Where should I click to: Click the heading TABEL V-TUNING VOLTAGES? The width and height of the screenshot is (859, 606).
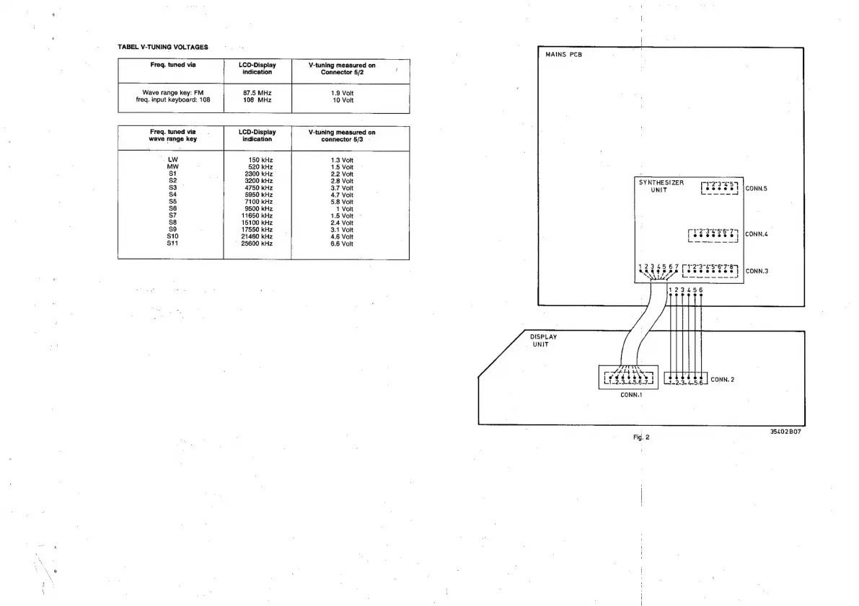pos(163,47)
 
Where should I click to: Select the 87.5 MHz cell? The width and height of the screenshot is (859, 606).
pos(257,93)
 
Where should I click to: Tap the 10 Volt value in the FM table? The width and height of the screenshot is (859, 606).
pos(343,100)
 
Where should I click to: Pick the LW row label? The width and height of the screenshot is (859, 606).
pos(172,159)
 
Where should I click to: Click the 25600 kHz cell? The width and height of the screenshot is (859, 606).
pos(257,244)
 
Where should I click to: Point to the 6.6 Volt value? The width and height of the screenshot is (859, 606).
pos(342,244)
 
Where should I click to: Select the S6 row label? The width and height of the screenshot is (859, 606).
pos(172,208)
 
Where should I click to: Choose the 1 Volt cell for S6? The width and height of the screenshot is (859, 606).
pos(345,209)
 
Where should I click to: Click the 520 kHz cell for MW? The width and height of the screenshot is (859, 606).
pos(259,166)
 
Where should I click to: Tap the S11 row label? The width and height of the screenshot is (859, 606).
pos(172,244)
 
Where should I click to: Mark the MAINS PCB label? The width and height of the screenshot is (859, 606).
pos(564,55)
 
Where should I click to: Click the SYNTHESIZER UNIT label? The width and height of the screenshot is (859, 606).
pos(661,187)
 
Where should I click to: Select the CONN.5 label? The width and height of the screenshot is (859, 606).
pos(757,190)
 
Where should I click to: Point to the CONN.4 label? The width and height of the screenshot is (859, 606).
pos(757,234)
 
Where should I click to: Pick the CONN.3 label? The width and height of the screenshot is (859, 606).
pos(757,271)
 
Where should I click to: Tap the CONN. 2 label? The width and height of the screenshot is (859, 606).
pos(722,379)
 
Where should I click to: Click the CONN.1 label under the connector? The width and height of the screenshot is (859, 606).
pos(631,394)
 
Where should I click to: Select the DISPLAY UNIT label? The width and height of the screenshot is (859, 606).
pos(543,340)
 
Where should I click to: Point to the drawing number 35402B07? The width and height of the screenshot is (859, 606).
pos(785,432)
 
